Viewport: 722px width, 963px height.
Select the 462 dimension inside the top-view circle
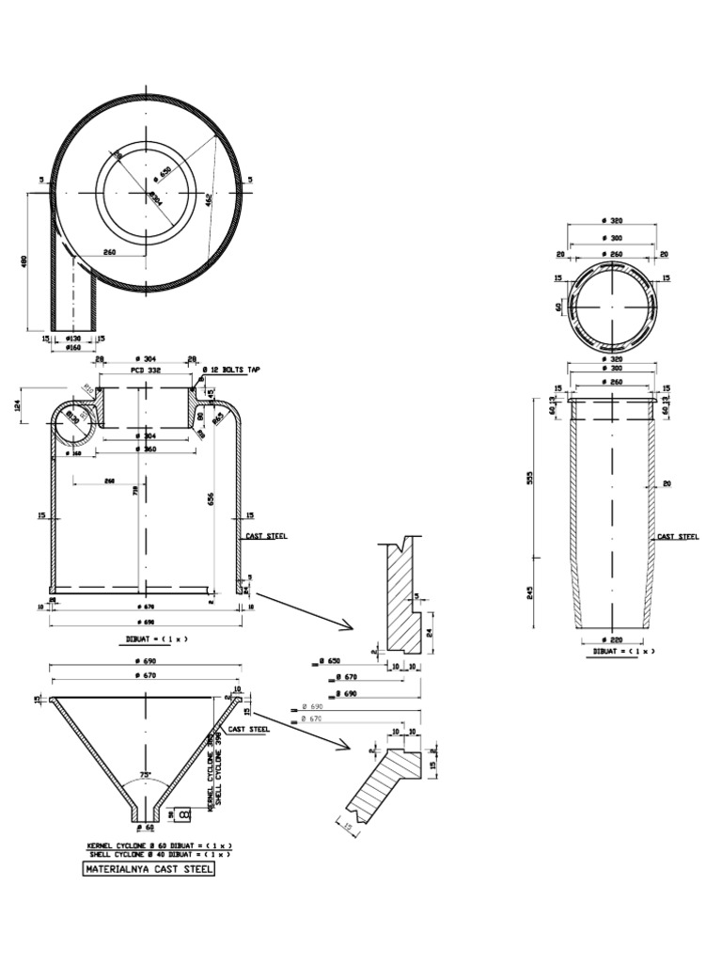coord(209,198)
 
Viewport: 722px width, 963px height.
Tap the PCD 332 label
coord(145,371)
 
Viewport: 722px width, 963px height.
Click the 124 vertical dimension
coord(18,404)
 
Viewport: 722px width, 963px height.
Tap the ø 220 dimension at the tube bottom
coord(612,639)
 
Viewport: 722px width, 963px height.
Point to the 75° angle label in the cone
coord(145,776)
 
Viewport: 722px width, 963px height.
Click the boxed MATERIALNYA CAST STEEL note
coord(149,870)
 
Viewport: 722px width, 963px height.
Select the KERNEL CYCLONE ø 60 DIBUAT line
coord(158,846)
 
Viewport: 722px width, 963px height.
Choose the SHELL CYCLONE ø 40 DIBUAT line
coord(158,855)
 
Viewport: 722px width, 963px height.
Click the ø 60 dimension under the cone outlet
coord(145,828)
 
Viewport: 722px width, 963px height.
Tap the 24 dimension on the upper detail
coord(431,633)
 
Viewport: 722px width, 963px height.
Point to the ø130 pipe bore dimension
coord(73,338)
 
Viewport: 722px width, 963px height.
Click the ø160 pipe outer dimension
coord(73,347)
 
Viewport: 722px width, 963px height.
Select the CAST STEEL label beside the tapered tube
coord(678,536)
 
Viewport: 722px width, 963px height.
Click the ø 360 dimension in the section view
coord(145,450)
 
